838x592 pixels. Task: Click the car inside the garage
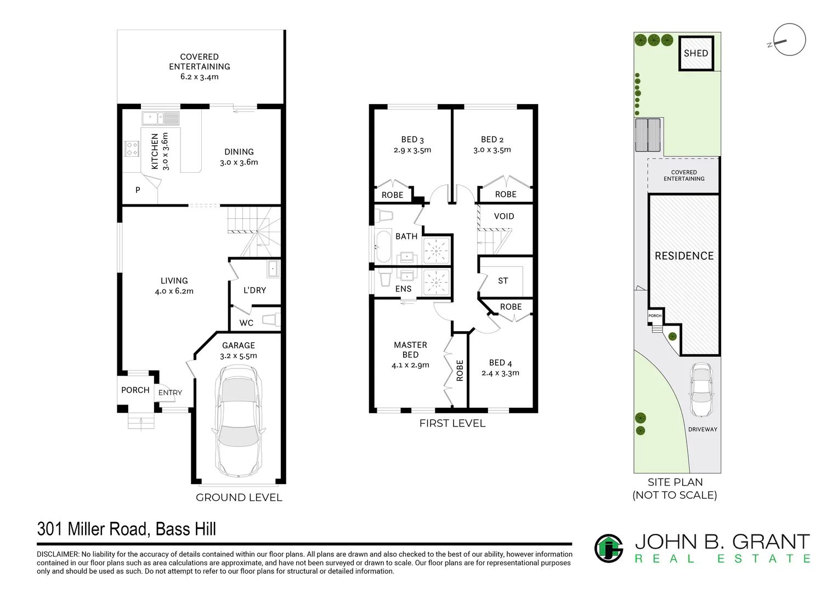[x=239, y=422]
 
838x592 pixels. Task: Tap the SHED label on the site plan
[x=696, y=53]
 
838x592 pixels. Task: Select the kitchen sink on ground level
[x=161, y=118]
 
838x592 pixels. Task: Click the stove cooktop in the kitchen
[x=132, y=149]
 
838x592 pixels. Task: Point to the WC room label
[x=246, y=323]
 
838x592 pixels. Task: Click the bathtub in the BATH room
[x=383, y=247]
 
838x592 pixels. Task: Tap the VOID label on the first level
[x=504, y=216]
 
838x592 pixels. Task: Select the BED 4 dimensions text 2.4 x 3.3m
[x=500, y=373]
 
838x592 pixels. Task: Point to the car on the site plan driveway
[x=701, y=390]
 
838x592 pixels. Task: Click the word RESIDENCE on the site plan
[x=684, y=256]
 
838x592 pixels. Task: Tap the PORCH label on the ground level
[x=135, y=390]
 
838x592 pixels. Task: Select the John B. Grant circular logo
[x=609, y=548]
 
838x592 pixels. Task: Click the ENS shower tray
[x=436, y=283]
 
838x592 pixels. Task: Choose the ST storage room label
[x=503, y=281]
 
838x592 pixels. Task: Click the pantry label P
[x=138, y=190]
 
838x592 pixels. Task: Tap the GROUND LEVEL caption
[x=239, y=497]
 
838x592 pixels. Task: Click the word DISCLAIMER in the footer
[x=57, y=554]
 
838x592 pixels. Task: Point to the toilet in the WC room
[x=271, y=320]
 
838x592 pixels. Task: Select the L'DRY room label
[x=255, y=290]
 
